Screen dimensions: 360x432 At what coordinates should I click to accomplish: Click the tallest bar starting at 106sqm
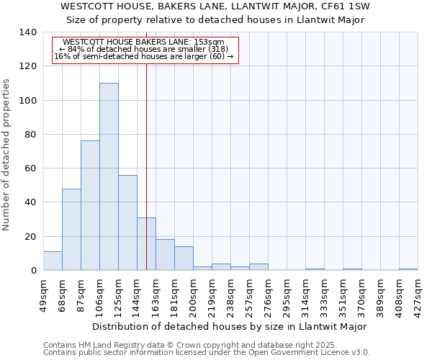click(x=109, y=176)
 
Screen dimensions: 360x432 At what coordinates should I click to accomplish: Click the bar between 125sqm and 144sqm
click(x=127, y=222)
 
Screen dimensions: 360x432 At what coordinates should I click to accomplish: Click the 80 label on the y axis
click(x=30, y=135)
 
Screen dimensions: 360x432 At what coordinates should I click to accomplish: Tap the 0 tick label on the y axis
click(x=33, y=271)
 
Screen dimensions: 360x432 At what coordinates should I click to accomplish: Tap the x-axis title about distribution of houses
click(x=230, y=326)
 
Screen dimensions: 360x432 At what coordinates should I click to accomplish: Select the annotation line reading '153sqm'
click(x=144, y=42)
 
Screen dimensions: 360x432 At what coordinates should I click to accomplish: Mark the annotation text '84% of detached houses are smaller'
click(x=144, y=49)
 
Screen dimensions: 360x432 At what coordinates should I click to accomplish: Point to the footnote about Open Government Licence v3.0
click(x=207, y=353)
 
